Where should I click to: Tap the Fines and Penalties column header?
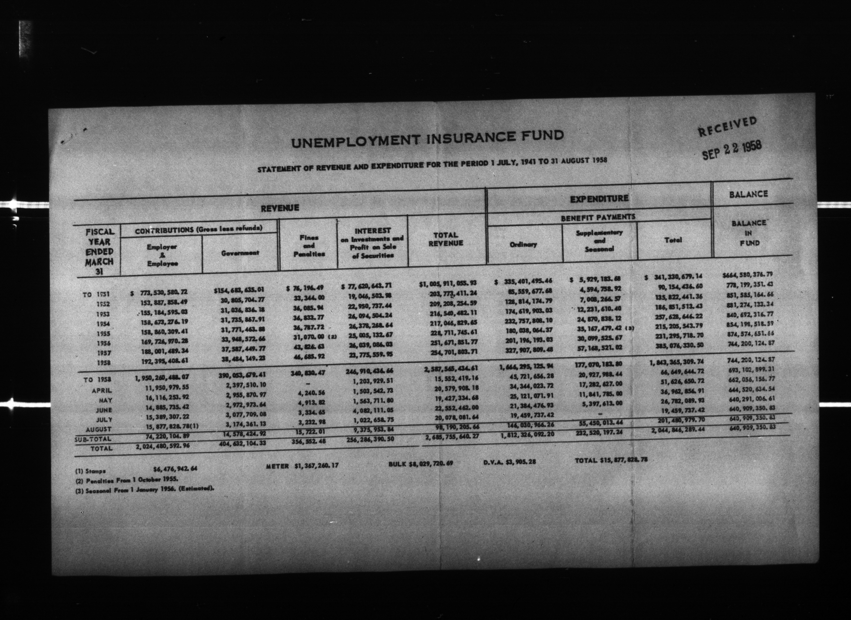coord(309,246)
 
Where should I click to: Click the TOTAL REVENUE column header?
coord(446,239)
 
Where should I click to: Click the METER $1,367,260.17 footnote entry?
coord(302,466)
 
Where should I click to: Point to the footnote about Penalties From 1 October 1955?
coord(126,480)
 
